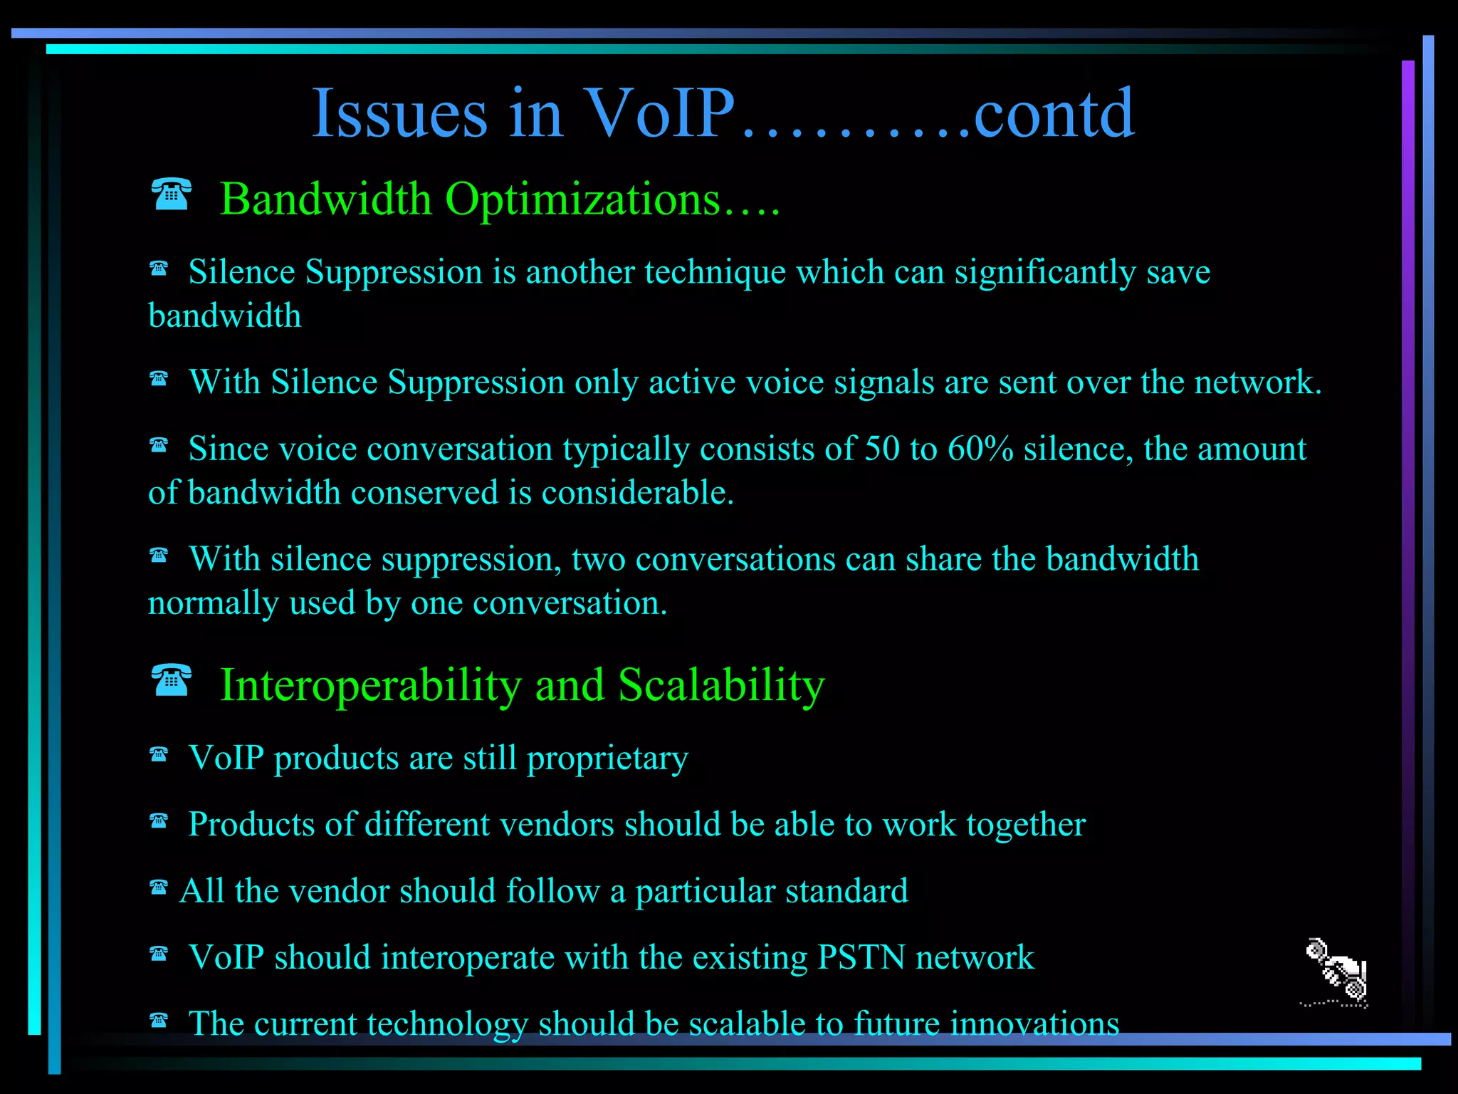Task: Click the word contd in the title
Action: pyautogui.click(x=1053, y=114)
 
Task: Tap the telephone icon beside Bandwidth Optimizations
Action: pyautogui.click(x=172, y=194)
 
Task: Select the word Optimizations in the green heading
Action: pyautogui.click(x=583, y=199)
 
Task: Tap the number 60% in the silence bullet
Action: pyautogui.click(x=980, y=449)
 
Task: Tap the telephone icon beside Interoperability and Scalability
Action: pyautogui.click(x=172, y=680)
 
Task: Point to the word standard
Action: pyautogui.click(x=846, y=892)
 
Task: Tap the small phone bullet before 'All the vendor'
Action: pyautogui.click(x=159, y=887)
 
